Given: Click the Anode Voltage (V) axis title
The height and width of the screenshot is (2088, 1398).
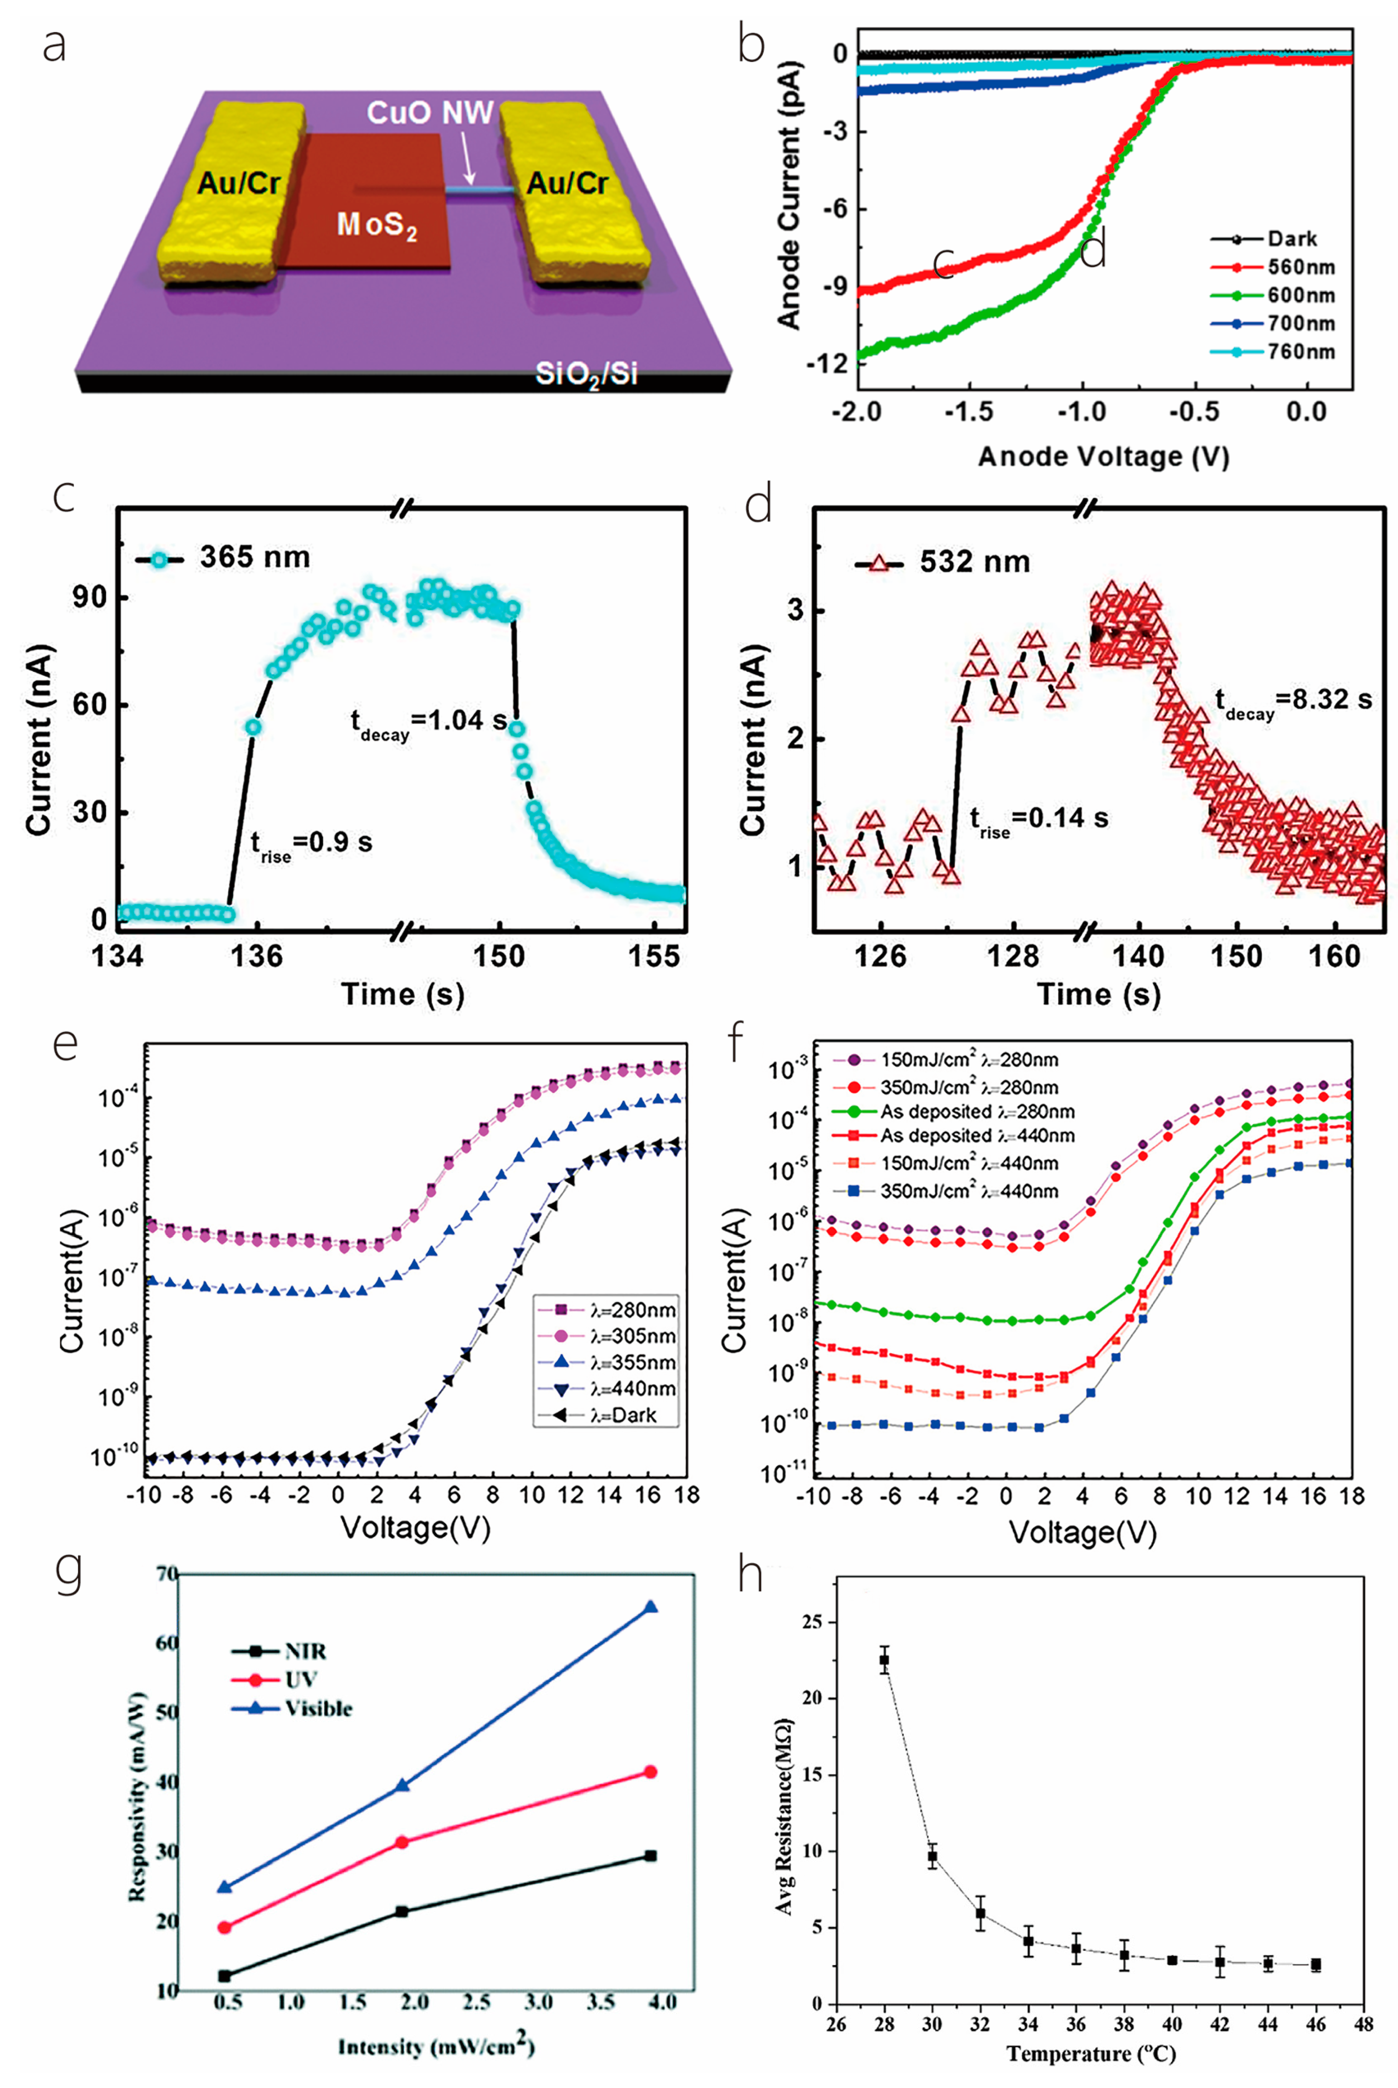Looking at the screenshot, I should coord(1104,457).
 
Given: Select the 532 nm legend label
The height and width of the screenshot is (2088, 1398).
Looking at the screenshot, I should coord(975,563).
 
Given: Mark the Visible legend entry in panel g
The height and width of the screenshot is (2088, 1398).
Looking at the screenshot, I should coord(318,1709).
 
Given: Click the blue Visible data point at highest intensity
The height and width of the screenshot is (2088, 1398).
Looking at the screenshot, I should coord(650,1607).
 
